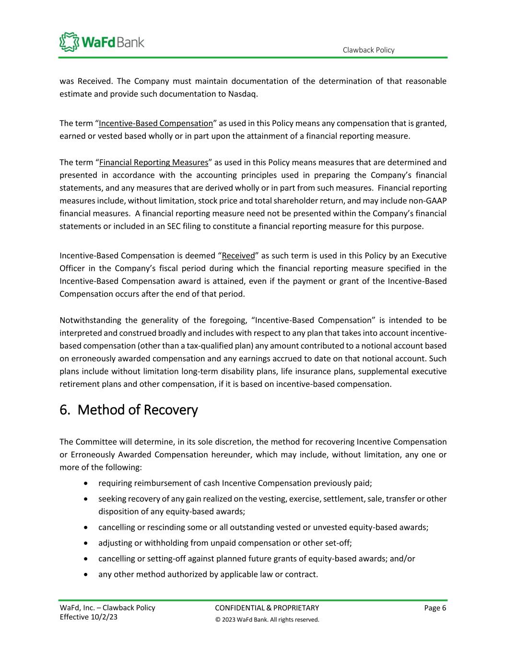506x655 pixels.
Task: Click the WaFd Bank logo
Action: tap(102, 42)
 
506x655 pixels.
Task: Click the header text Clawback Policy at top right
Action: tap(368, 50)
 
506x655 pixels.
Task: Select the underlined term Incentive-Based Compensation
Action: tap(156, 123)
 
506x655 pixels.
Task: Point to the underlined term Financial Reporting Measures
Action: tap(154, 162)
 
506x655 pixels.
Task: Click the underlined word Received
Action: tap(238, 256)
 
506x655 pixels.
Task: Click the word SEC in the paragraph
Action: tap(173, 226)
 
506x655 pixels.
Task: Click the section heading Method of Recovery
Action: tap(137, 410)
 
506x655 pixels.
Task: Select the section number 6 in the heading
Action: tap(64, 410)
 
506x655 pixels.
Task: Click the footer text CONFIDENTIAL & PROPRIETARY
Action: tap(267, 608)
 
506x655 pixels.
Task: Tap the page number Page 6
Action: tap(435, 608)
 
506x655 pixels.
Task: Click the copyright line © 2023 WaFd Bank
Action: tap(267, 619)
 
